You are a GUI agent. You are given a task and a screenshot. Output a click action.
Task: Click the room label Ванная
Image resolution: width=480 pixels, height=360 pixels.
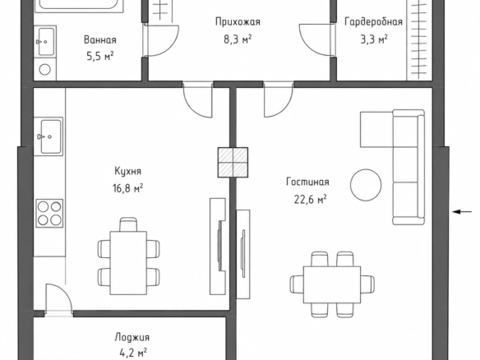click(x=100, y=40)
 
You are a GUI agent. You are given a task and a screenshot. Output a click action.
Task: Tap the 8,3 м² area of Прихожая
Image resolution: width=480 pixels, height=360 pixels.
click(x=238, y=39)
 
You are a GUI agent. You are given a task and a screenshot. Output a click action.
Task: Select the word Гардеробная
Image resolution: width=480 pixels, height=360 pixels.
click(x=373, y=22)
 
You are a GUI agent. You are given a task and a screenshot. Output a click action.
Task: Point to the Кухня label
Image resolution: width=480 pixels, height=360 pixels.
click(x=128, y=171)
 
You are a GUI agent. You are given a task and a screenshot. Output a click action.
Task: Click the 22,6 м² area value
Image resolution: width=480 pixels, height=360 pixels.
click(x=310, y=200)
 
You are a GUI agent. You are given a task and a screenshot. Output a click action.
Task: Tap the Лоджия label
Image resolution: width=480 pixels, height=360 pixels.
click(x=132, y=337)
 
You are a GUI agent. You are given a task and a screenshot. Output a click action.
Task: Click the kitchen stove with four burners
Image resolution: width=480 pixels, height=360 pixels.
click(x=49, y=214)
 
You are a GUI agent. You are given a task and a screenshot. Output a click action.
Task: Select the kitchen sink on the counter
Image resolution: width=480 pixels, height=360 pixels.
click(x=48, y=136)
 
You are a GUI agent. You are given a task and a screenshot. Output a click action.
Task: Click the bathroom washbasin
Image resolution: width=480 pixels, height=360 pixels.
click(x=45, y=41)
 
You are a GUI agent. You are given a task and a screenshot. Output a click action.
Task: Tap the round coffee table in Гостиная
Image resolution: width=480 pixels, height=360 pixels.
click(x=366, y=185)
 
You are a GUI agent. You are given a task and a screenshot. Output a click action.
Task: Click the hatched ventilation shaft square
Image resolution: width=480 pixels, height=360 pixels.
click(x=233, y=163)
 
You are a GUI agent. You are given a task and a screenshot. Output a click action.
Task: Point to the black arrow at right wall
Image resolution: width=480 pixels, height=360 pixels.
click(x=462, y=211)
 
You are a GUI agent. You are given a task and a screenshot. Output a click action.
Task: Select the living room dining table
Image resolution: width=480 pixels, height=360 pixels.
click(x=332, y=284)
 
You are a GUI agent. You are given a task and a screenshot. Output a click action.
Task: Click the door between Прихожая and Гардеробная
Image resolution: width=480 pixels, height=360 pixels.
click(x=316, y=40)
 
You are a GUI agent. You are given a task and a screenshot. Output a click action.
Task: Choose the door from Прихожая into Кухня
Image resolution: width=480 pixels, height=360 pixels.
click(x=197, y=99)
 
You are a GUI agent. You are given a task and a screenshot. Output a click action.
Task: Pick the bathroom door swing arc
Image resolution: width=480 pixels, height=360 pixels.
click(x=163, y=40)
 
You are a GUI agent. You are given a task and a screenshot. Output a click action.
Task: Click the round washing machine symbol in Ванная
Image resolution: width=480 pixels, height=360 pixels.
click(x=44, y=70)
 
